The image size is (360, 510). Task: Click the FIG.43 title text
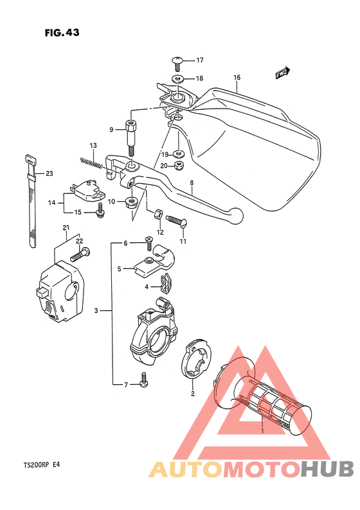[x=62, y=33]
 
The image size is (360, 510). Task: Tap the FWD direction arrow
[x=282, y=73]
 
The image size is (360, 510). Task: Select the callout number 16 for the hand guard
[x=237, y=78]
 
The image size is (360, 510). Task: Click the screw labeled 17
[x=178, y=62]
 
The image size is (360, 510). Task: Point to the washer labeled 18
[x=178, y=78]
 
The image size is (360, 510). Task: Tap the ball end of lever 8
[x=237, y=214]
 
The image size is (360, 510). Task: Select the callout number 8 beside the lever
[x=192, y=184]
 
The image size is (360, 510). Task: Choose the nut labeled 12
[x=158, y=214]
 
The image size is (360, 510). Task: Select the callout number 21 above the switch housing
[x=65, y=228]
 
